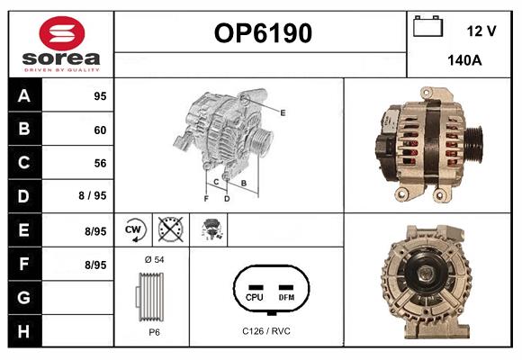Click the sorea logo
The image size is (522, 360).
pyautogui.click(x=61, y=44)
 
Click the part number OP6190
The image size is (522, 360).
pyautogui.click(x=262, y=34)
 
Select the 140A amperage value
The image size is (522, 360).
pyautogui.click(x=464, y=61)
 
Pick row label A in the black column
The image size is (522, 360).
pyautogui.click(x=24, y=96)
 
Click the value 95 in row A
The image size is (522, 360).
pyautogui.click(x=99, y=96)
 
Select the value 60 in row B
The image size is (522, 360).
pyautogui.click(x=99, y=130)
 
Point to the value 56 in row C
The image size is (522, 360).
pyautogui.click(x=99, y=163)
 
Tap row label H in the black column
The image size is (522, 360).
pyautogui.click(x=24, y=330)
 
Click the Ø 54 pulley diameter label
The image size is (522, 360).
pyautogui.click(x=154, y=260)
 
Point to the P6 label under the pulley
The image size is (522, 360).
pyautogui.click(x=154, y=332)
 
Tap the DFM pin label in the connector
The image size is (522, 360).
pyautogui.click(x=286, y=296)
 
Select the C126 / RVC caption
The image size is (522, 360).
pyautogui.click(x=266, y=331)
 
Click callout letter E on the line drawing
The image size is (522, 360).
pyautogui.click(x=283, y=112)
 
